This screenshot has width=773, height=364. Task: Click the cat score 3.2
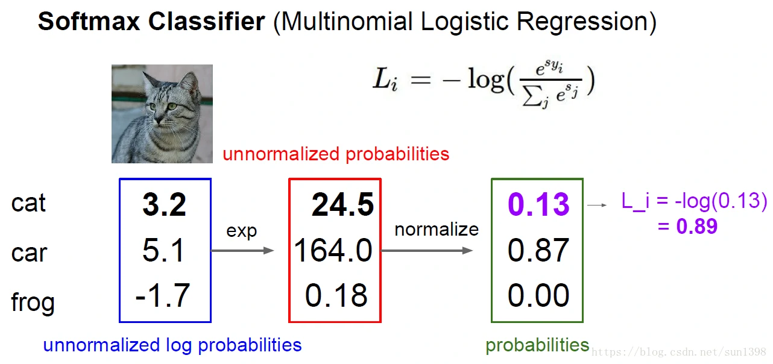(164, 204)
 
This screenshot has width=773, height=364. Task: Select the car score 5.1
(163, 250)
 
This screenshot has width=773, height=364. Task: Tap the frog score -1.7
(163, 295)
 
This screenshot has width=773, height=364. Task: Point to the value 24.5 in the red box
(342, 204)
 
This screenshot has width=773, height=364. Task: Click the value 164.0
(333, 250)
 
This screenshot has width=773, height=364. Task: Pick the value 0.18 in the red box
(336, 295)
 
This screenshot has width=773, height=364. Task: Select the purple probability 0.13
(538, 204)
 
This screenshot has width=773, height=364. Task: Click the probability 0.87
(538, 250)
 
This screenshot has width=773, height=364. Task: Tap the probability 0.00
(538, 295)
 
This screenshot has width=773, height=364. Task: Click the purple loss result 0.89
(697, 227)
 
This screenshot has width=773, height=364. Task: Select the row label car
(29, 253)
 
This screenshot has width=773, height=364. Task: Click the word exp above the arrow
(242, 231)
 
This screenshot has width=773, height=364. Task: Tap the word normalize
(437, 230)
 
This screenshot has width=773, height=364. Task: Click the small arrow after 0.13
(597, 205)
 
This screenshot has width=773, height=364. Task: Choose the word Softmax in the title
(89, 21)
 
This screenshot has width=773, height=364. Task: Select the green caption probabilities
(537, 345)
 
